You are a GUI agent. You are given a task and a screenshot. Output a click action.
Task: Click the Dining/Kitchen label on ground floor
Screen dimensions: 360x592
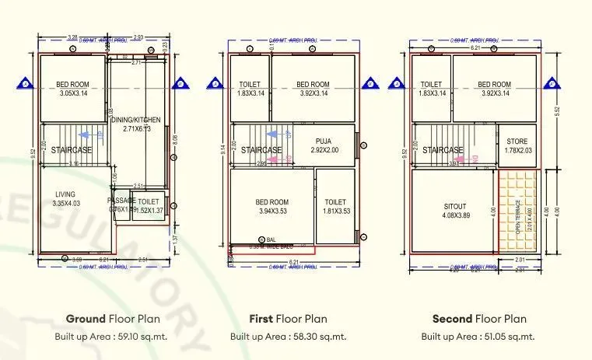click(137, 120)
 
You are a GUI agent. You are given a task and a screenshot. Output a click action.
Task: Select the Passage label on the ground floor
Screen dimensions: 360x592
click(121, 201)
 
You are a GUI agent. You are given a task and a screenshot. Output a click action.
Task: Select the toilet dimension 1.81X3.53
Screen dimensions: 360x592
click(335, 211)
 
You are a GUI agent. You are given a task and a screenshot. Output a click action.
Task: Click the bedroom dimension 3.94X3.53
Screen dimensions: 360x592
click(272, 211)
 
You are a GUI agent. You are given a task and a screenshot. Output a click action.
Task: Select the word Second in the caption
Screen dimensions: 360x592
click(452, 319)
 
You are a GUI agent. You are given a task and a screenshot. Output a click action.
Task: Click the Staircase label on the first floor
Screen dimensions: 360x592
click(261, 150)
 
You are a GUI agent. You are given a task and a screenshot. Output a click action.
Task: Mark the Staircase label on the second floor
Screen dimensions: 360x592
click(443, 150)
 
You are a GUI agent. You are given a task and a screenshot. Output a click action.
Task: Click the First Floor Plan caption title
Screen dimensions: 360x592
click(288, 319)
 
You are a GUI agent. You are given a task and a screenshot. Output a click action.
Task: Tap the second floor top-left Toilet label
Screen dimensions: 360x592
click(432, 84)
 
